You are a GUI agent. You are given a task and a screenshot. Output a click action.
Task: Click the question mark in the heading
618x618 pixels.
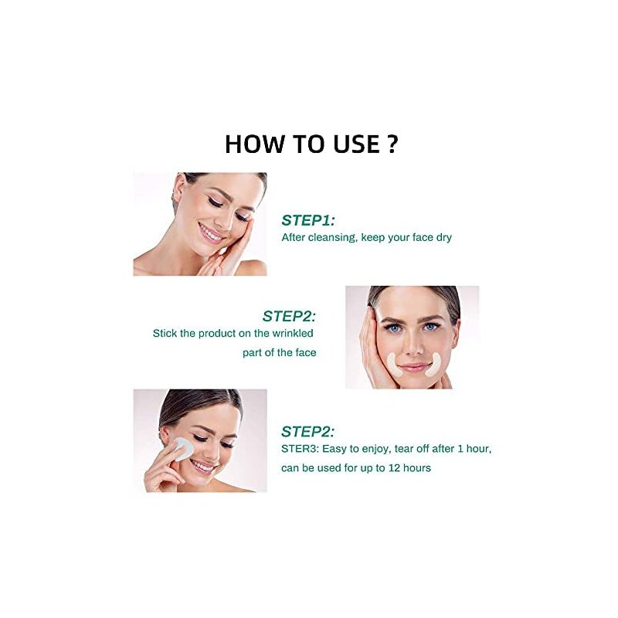tap(391, 144)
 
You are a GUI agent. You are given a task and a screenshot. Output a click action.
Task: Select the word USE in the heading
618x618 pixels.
tap(356, 144)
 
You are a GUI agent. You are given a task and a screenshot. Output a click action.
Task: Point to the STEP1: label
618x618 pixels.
tap(308, 220)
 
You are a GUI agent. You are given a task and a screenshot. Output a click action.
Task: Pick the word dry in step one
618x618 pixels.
tap(443, 238)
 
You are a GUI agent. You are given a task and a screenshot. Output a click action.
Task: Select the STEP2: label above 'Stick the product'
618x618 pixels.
tap(289, 316)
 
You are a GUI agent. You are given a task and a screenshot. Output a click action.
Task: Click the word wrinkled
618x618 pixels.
tap(293, 333)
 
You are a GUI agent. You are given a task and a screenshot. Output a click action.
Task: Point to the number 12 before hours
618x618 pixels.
tap(394, 468)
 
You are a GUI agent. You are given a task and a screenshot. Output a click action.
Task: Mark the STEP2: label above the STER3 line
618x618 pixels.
tap(307, 432)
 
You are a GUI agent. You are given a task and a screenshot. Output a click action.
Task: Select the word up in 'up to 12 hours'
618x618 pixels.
tap(366, 469)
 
